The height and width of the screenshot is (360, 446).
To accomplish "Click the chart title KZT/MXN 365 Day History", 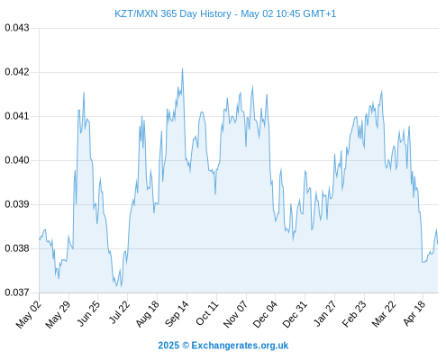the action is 173,13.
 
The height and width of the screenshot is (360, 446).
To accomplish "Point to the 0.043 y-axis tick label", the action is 17,28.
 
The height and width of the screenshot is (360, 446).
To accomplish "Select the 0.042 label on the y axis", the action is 17,72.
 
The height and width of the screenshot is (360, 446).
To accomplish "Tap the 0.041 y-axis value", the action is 17,116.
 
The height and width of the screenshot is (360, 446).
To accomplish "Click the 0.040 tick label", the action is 17,160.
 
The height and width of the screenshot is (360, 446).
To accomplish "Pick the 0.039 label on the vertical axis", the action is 17,204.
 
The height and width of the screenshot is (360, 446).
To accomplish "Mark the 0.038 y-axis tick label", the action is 17,248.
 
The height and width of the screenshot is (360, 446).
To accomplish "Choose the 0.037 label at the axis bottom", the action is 17,292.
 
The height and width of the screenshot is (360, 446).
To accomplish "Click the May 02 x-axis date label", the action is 29,314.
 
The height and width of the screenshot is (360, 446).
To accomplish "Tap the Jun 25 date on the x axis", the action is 88,313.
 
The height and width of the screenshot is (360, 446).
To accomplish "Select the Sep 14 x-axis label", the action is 177,313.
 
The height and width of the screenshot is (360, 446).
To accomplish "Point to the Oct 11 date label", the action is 207,313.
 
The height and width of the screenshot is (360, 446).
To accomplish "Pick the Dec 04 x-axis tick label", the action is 265,314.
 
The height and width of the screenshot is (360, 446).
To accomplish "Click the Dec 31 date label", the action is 295,314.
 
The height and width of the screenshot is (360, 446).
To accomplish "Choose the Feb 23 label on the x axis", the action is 354,314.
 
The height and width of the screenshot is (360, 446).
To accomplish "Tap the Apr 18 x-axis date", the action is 414,313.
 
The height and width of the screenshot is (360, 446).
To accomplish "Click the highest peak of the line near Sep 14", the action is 182,68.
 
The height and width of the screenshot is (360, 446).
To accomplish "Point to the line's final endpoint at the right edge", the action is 438,244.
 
